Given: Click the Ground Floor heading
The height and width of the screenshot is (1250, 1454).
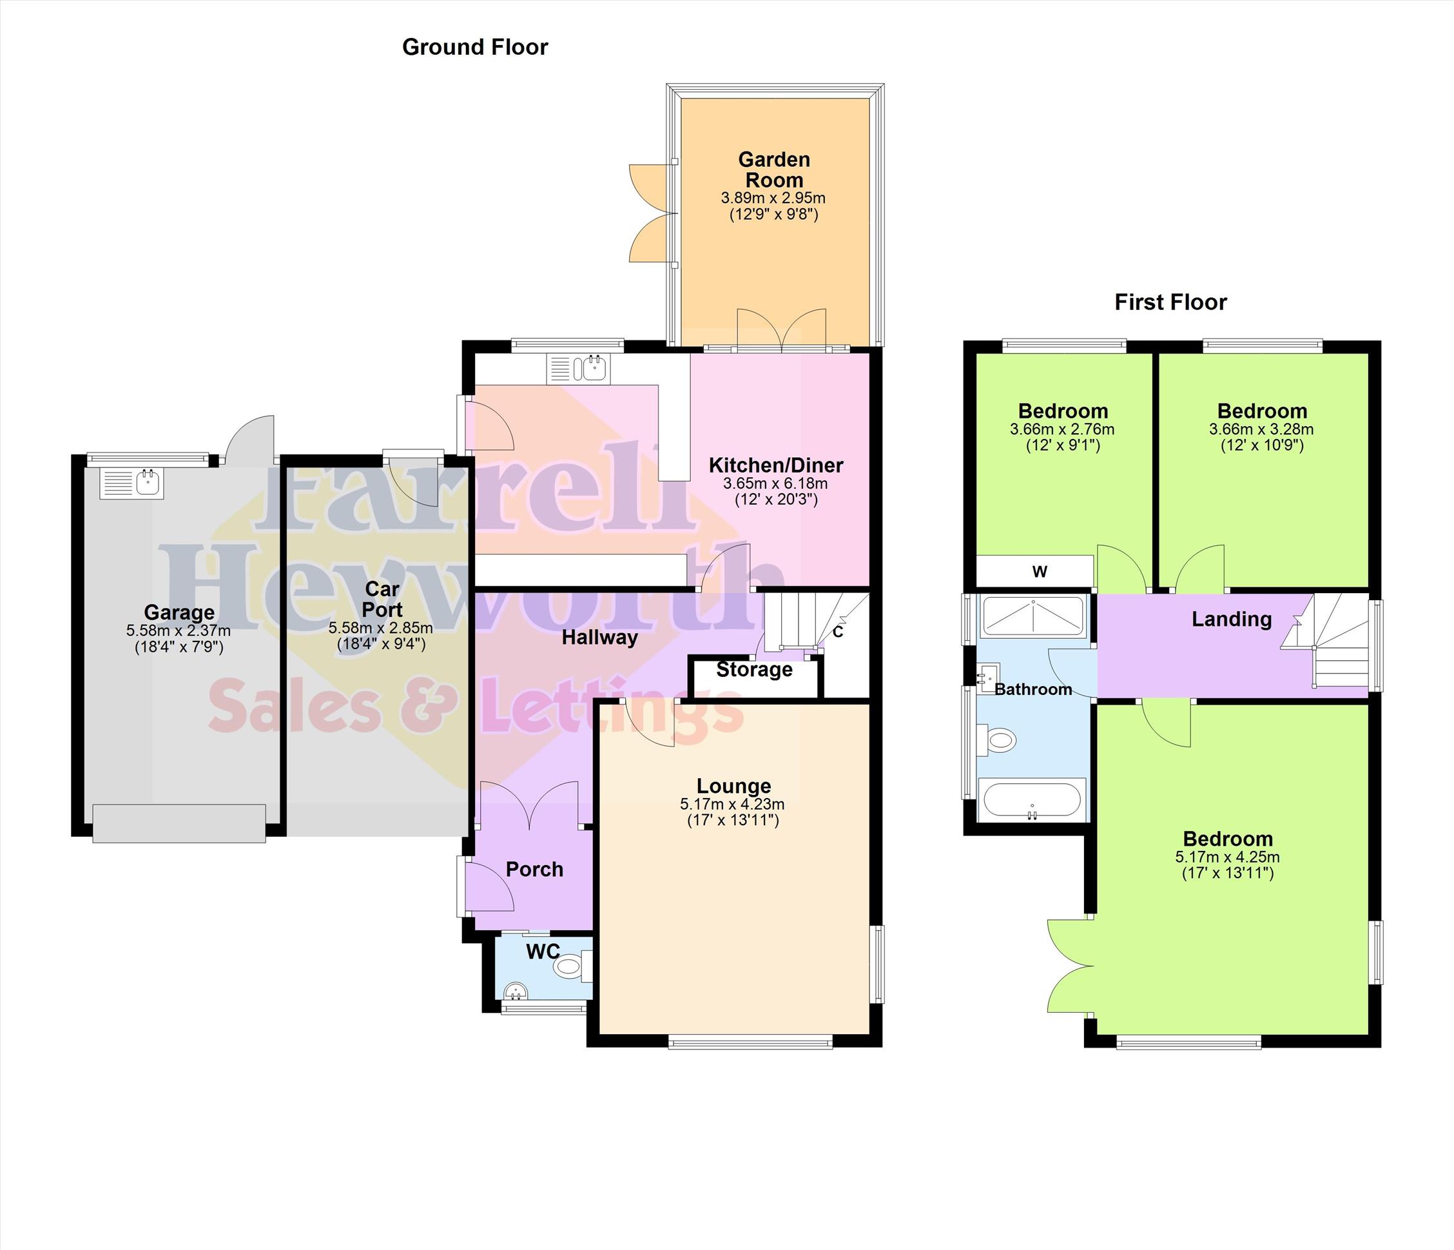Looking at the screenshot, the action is [474, 47].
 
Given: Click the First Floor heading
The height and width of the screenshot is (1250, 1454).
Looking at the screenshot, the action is [1170, 302].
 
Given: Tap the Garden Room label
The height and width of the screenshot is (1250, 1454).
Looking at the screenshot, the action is [774, 169].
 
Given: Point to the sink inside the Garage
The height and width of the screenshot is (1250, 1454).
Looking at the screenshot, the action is [132, 483].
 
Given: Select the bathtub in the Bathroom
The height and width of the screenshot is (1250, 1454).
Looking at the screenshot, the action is [1032, 799].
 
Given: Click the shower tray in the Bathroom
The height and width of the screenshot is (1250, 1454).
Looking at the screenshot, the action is [1033, 617].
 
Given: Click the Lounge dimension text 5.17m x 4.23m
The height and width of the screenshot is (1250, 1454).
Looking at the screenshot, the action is [732, 805].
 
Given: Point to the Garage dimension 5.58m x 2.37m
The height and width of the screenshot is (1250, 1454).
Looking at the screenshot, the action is [179, 631].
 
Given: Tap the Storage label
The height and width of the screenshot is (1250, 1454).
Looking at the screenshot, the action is [754, 670].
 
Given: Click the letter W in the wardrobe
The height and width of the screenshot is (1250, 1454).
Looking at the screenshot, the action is [1040, 571].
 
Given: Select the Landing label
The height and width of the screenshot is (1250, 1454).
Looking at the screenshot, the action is [1232, 619].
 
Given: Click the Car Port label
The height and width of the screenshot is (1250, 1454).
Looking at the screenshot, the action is [382, 599].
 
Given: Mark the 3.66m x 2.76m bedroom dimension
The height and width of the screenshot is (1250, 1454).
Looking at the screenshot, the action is [1062, 429].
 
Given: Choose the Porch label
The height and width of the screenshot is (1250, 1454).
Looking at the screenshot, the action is [535, 870].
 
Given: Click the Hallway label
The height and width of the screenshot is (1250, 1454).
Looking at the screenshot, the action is [600, 638].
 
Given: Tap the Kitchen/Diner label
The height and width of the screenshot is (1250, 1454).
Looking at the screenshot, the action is [775, 465].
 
